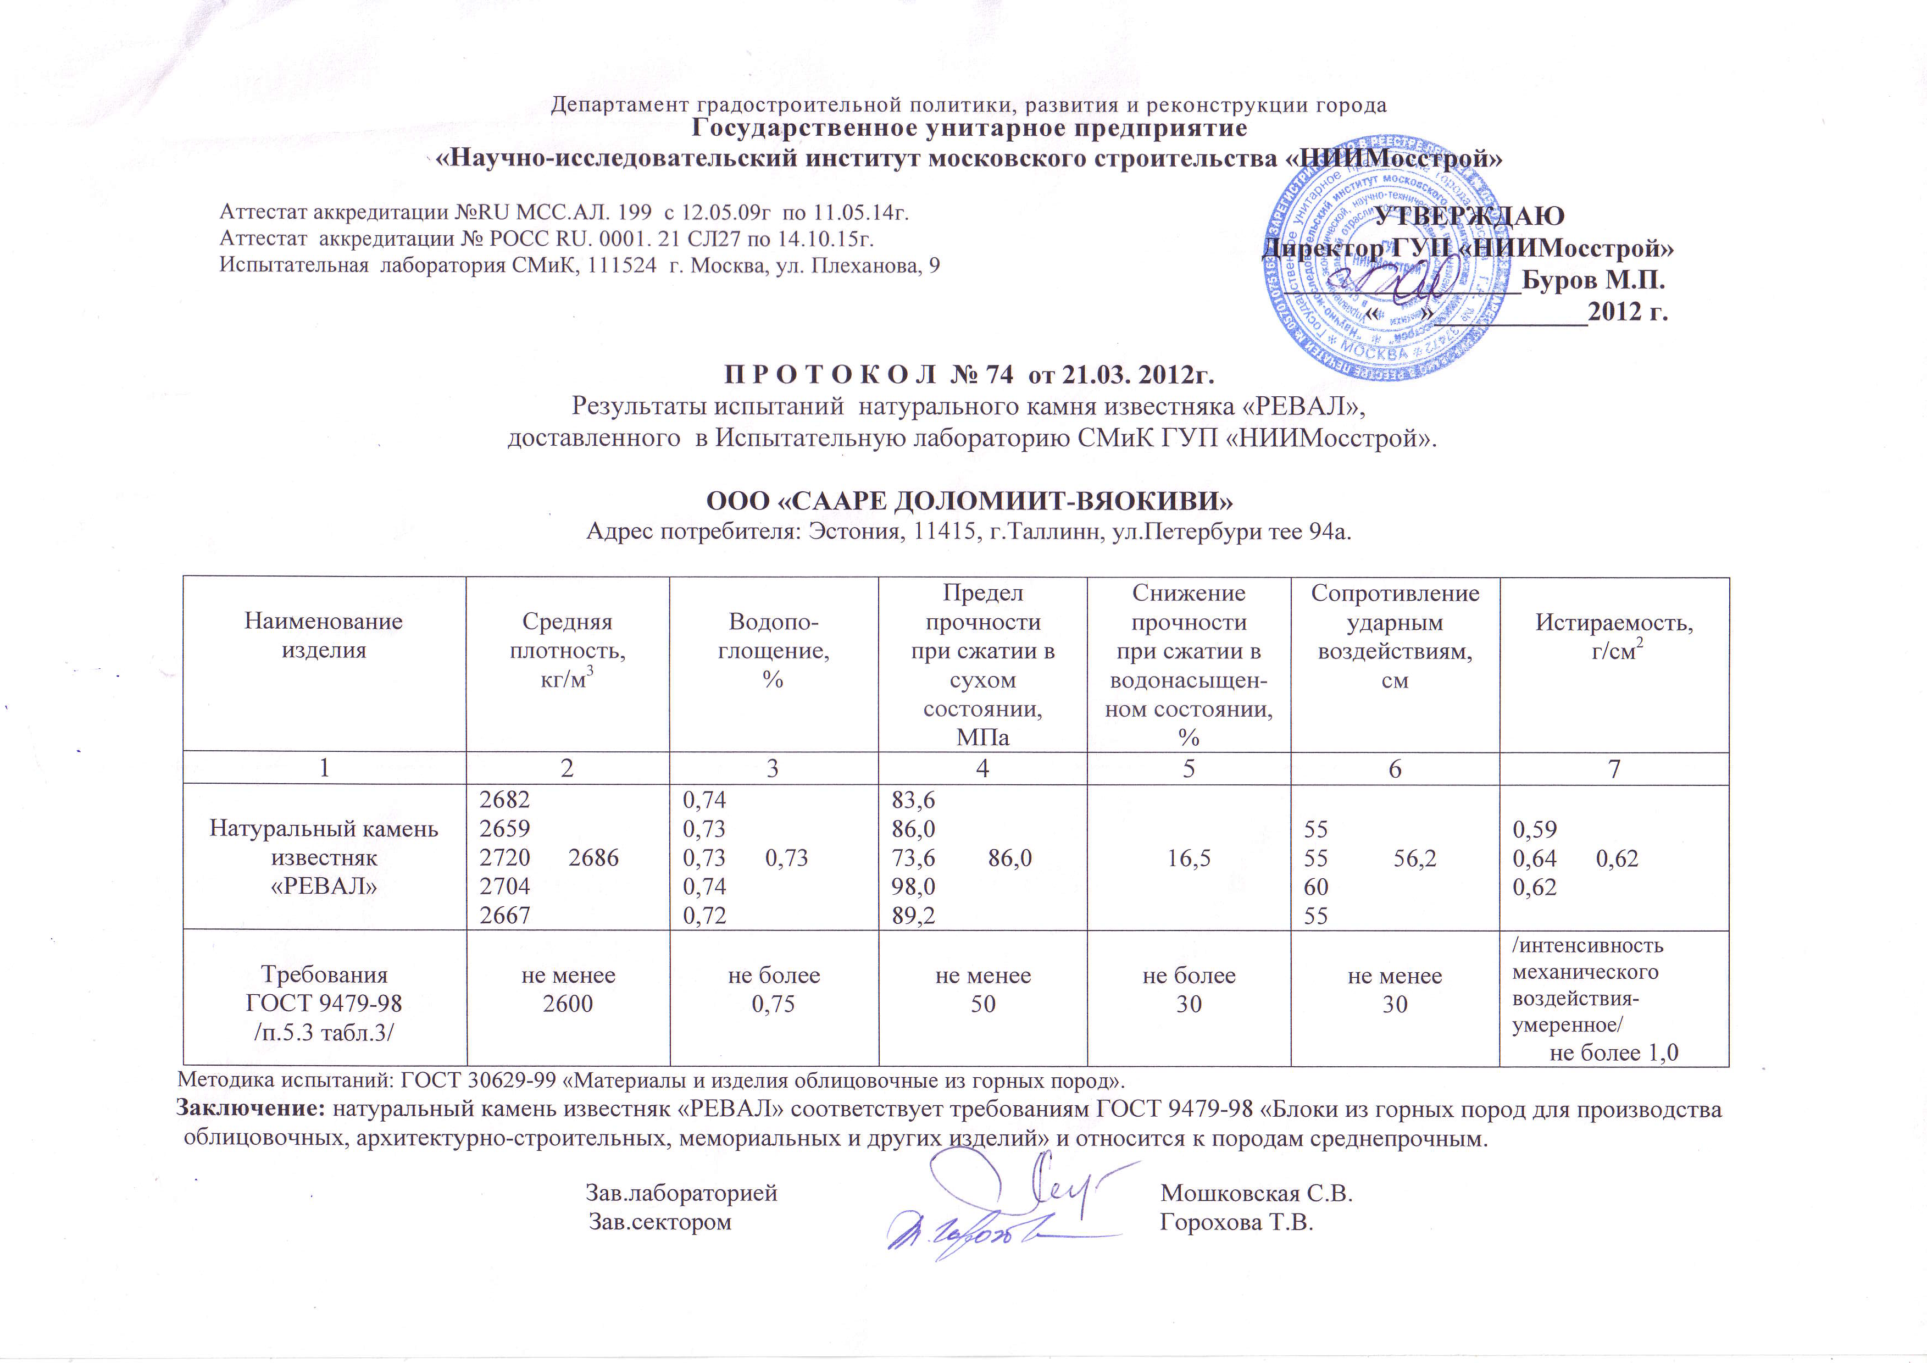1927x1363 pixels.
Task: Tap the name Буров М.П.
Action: tap(1594, 280)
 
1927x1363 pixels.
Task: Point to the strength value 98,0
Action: tap(913, 886)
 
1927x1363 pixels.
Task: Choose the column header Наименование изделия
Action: tap(323, 635)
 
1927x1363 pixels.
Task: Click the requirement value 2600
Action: tap(568, 1004)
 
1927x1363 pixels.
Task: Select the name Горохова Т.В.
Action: tap(1236, 1222)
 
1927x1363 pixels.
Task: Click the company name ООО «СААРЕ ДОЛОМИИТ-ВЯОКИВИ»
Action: tap(969, 501)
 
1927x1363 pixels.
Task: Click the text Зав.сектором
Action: tap(660, 1222)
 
